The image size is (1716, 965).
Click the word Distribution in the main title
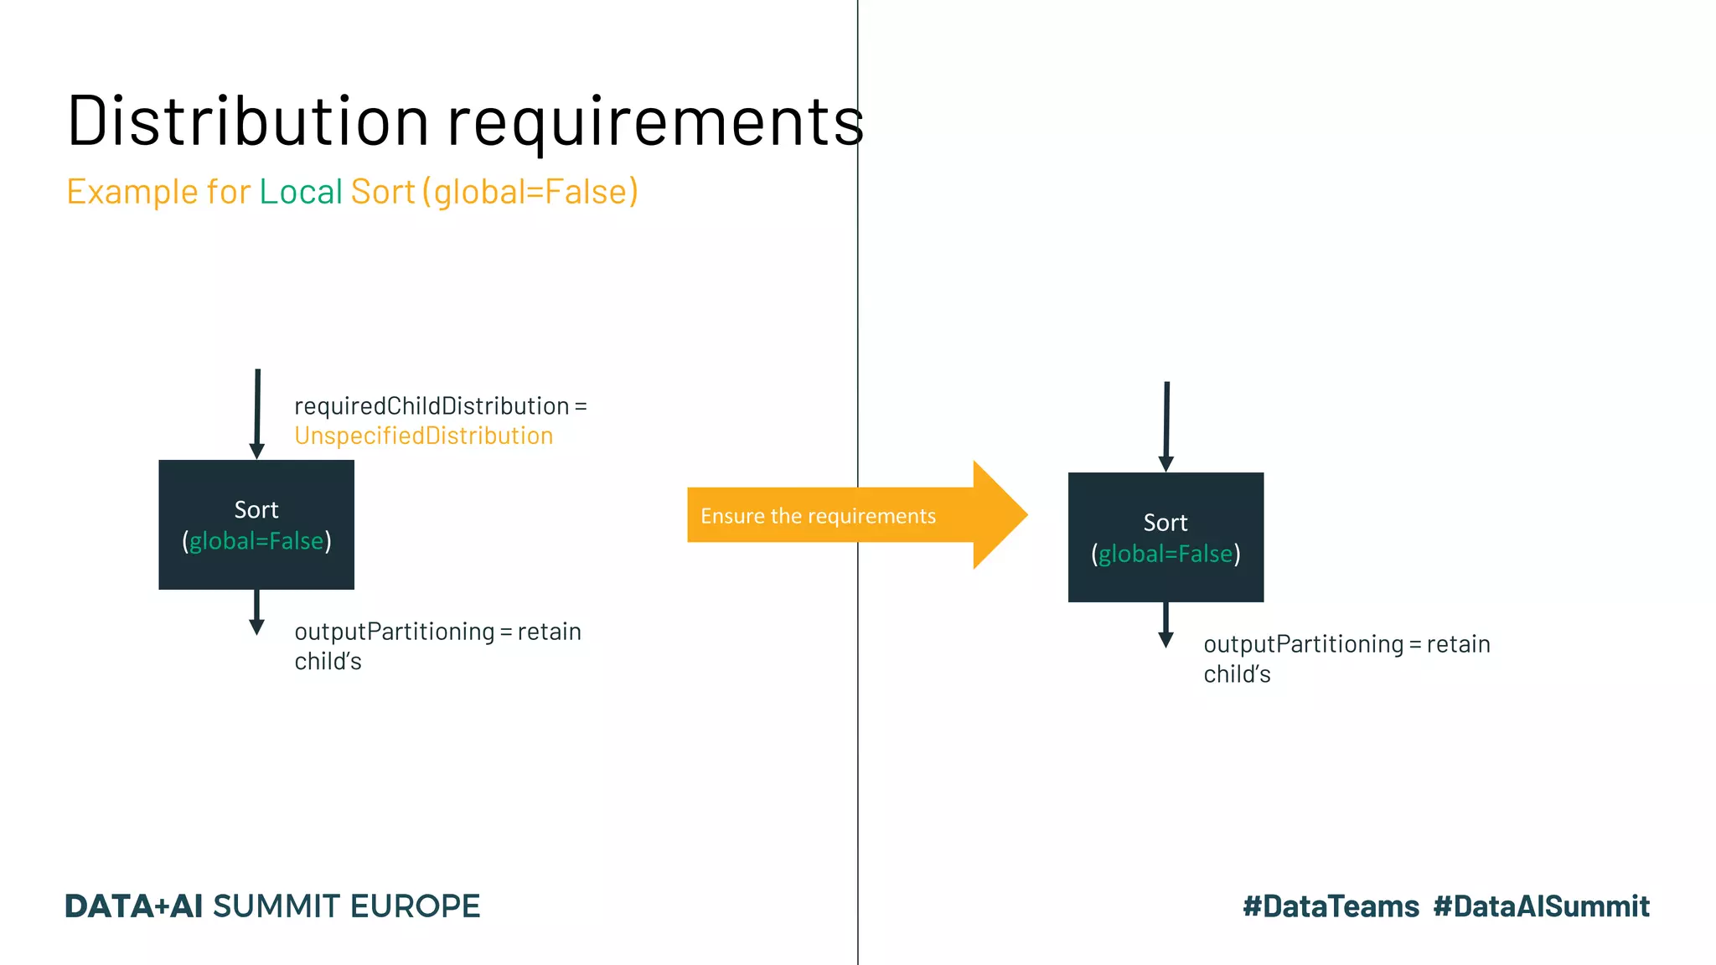pyautogui.click(x=248, y=121)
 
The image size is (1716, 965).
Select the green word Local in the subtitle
pyautogui.click(x=301, y=192)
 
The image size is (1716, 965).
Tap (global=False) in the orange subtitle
pyautogui.click(x=530, y=192)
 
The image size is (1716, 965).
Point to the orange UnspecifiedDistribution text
pyautogui.click(x=423, y=436)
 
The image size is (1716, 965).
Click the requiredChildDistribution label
pyautogui.click(x=432, y=406)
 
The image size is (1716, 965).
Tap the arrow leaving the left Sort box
pyautogui.click(x=256, y=612)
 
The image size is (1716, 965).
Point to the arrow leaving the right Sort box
pyautogui.click(x=1166, y=625)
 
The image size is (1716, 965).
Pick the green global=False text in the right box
pyautogui.click(x=1166, y=554)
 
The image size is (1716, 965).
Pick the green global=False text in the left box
pyautogui.click(x=256, y=541)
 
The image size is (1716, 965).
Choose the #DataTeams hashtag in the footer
pyautogui.click(x=1331, y=906)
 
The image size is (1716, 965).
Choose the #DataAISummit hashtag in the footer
pyautogui.click(x=1541, y=906)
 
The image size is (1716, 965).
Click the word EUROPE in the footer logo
pyautogui.click(x=415, y=906)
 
